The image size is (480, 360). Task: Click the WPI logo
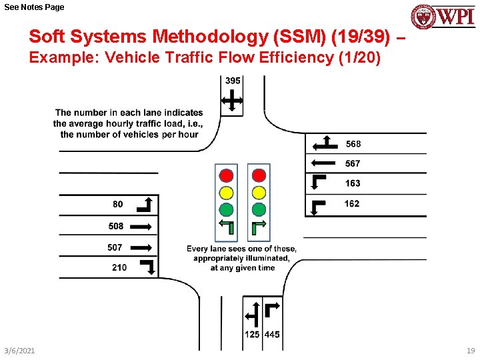[x=443, y=16]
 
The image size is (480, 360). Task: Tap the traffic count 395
[x=233, y=81]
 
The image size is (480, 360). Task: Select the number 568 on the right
[x=353, y=144]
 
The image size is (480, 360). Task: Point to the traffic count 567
[x=353, y=163]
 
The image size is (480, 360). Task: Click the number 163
[x=353, y=183]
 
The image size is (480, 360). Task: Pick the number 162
[x=352, y=203]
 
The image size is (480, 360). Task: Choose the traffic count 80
[x=117, y=204]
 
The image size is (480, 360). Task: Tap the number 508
[x=116, y=226]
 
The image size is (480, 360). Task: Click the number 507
[x=115, y=247]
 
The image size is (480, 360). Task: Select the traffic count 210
[x=119, y=267]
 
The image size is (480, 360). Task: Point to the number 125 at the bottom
[x=252, y=335]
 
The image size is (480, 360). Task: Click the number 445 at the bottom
[x=272, y=335]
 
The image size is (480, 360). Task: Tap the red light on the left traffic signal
[x=227, y=175]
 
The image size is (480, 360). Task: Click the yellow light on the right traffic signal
[x=259, y=193]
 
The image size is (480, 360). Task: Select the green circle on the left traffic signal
[x=227, y=209]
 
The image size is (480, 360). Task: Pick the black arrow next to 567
[x=323, y=163]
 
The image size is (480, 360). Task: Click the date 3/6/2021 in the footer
[x=20, y=351]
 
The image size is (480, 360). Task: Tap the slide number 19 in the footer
[x=471, y=351]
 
